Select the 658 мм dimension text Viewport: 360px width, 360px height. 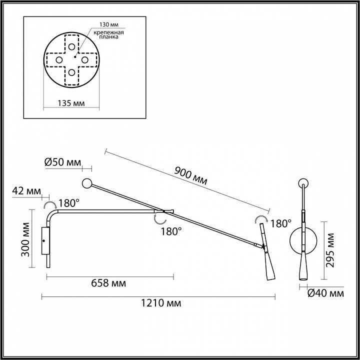coord(109,283)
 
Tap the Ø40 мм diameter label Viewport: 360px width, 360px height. coord(326,293)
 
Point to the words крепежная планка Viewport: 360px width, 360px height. coord(110,36)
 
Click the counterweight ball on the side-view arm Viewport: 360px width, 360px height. coord(87,183)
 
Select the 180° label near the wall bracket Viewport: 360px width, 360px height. coord(68,203)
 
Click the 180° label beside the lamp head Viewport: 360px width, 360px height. coord(280,223)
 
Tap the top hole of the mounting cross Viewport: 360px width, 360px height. coord(72,47)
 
